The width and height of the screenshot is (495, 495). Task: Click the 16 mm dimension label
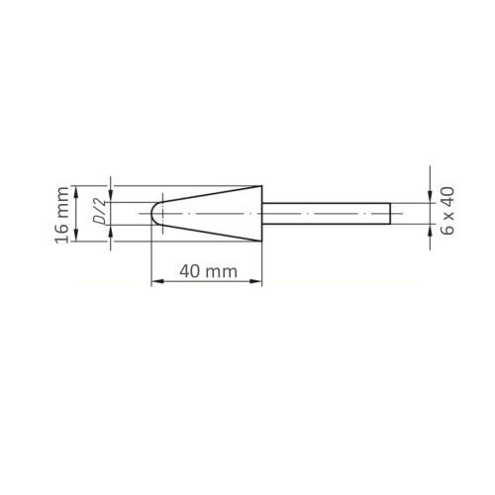[x=63, y=215]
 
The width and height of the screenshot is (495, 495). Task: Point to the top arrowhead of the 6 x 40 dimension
[x=428, y=199]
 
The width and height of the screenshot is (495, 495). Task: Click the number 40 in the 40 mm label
[x=190, y=271]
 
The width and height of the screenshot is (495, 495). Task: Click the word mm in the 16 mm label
[x=63, y=203]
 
